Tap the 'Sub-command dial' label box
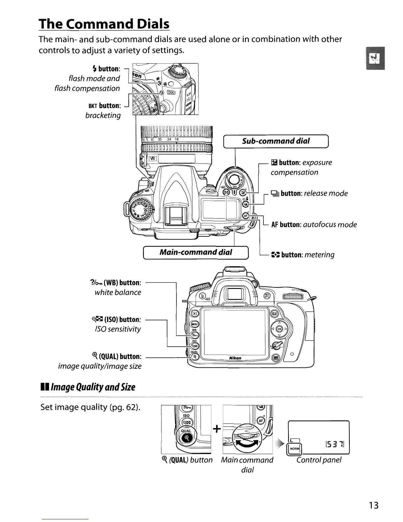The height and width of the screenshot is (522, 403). [276, 141]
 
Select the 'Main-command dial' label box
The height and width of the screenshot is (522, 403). [196, 252]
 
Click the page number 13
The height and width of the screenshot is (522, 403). [374, 505]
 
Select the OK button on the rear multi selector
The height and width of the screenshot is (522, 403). [279, 329]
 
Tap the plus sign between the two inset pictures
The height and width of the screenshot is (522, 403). [217, 429]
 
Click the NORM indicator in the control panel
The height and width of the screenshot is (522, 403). [295, 449]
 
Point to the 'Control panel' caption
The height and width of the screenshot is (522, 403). [319, 460]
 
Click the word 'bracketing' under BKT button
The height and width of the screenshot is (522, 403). [103, 115]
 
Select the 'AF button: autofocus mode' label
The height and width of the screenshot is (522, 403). [314, 225]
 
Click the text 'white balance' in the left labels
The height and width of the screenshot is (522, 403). [118, 292]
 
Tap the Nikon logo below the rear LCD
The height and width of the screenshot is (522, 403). [235, 358]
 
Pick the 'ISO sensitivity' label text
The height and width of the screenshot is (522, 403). [118, 329]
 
